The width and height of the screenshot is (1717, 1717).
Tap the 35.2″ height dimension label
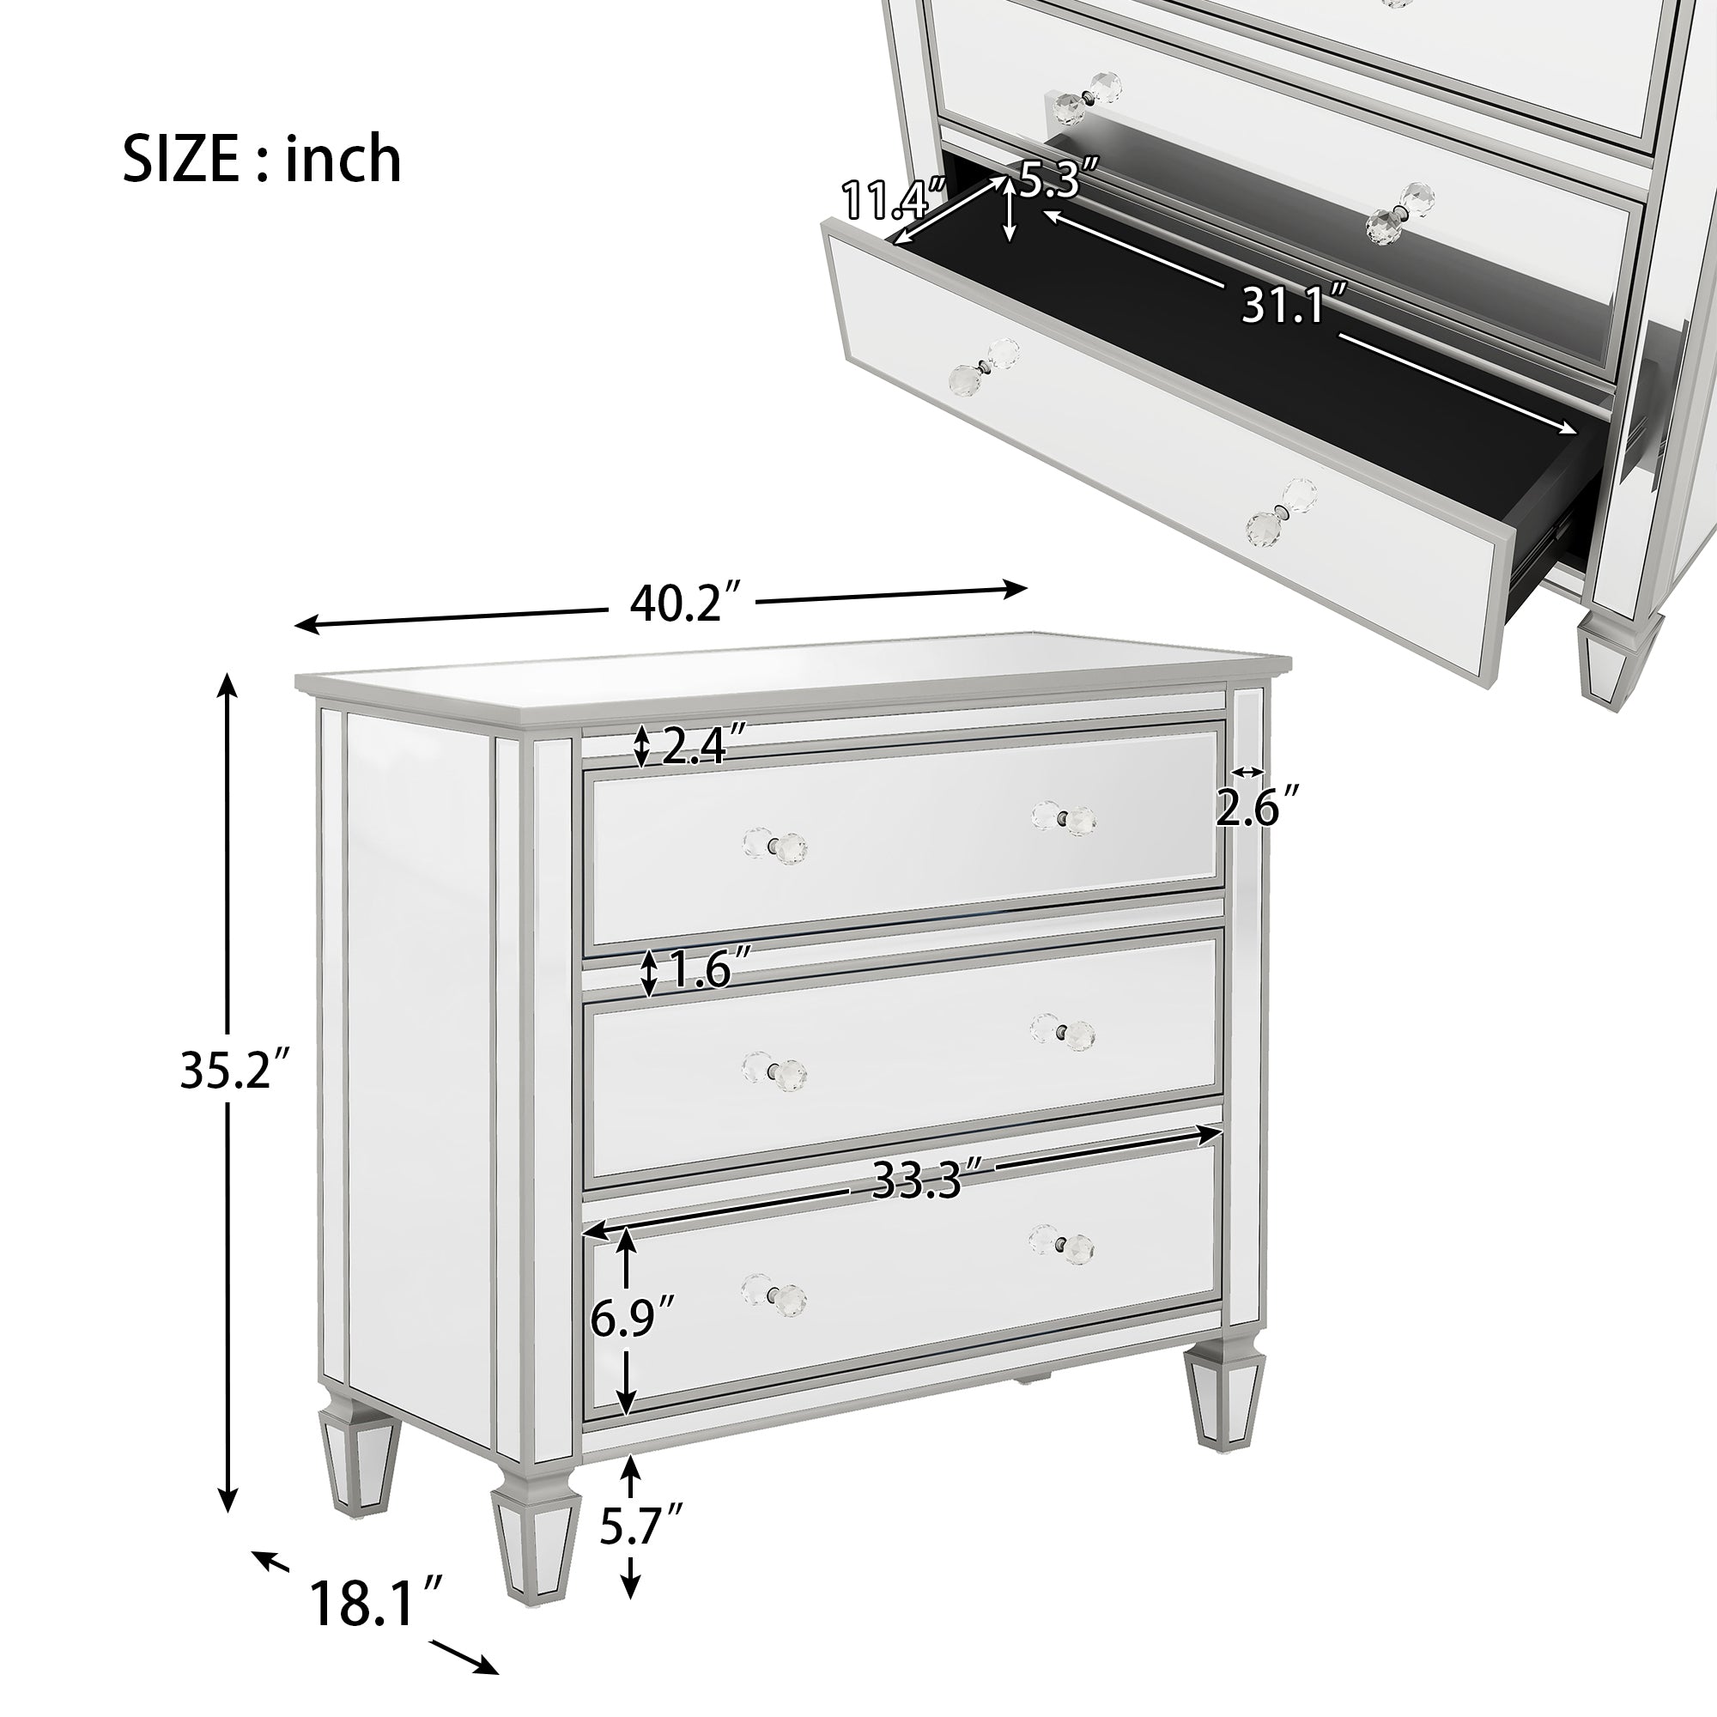[235, 1069]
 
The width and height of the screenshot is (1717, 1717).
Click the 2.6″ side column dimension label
[1259, 807]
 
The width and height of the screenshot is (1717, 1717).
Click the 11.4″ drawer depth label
[894, 199]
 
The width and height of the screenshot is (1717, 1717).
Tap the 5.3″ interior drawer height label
[1061, 178]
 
